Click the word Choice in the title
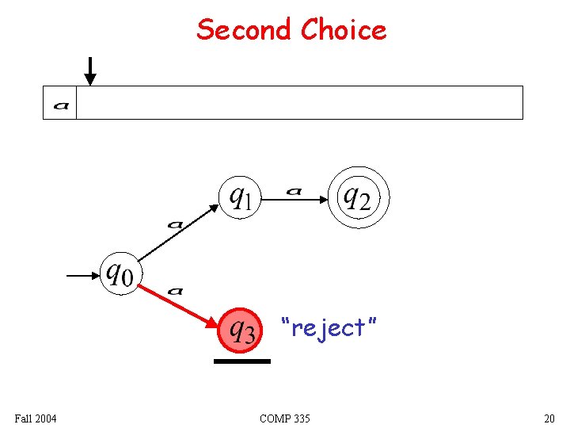(x=343, y=30)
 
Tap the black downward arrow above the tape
(x=90, y=71)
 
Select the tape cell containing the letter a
(x=60, y=103)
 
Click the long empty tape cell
(x=299, y=103)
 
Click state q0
(x=120, y=274)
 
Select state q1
(x=240, y=196)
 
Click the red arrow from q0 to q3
(x=179, y=305)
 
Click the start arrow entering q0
(x=82, y=276)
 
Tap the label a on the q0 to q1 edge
(x=175, y=224)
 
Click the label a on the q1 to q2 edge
(x=294, y=191)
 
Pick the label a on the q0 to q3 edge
(x=175, y=292)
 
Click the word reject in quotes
(x=329, y=327)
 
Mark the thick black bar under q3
(x=241, y=361)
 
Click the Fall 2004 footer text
(x=35, y=418)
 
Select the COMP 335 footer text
(x=284, y=418)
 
